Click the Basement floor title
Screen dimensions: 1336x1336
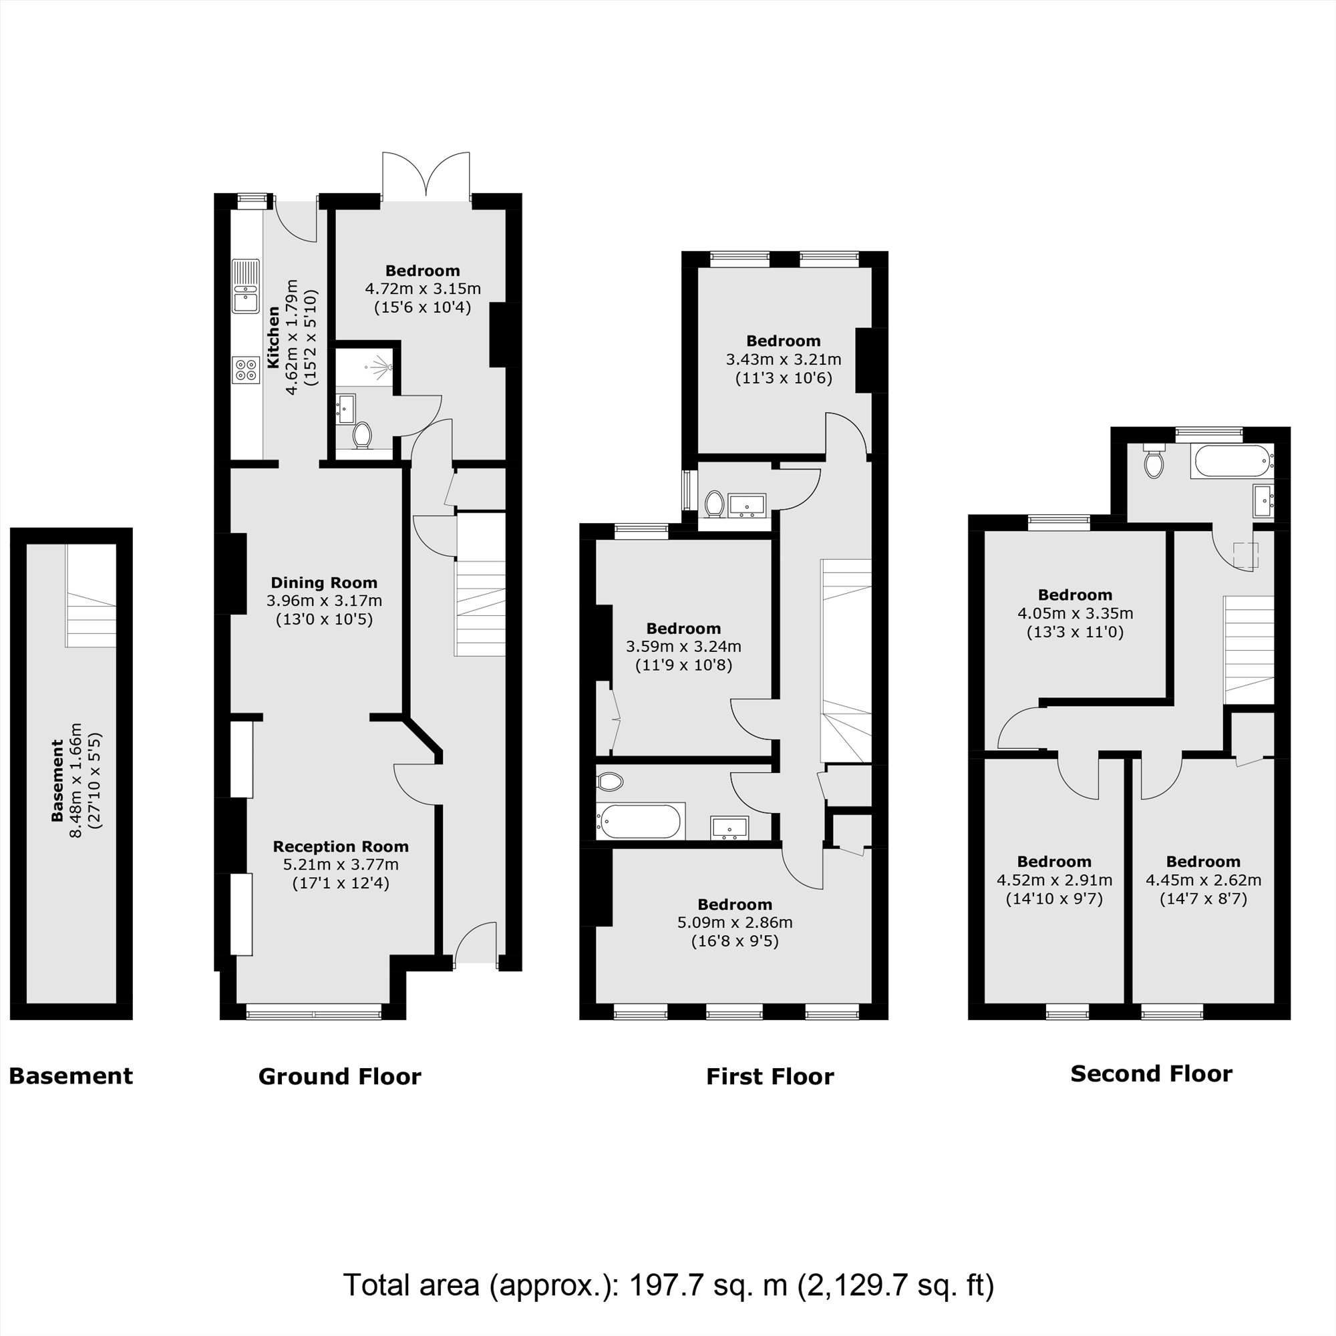click(71, 1076)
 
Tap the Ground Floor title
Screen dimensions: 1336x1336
click(339, 1077)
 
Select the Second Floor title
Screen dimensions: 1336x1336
click(1152, 1074)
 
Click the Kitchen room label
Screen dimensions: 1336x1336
click(274, 338)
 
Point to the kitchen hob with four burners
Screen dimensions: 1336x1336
click(244, 369)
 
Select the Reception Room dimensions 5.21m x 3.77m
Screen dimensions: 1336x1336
click(340, 865)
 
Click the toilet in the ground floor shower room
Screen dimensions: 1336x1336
click(361, 436)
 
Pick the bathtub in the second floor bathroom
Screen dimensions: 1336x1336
click(1231, 461)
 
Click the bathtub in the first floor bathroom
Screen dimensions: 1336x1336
click(641, 821)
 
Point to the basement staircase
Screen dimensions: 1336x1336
click(91, 596)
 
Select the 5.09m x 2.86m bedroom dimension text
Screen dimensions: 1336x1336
click(734, 923)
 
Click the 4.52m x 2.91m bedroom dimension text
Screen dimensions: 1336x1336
click(1054, 880)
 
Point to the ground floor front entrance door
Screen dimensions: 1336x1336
click(476, 944)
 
